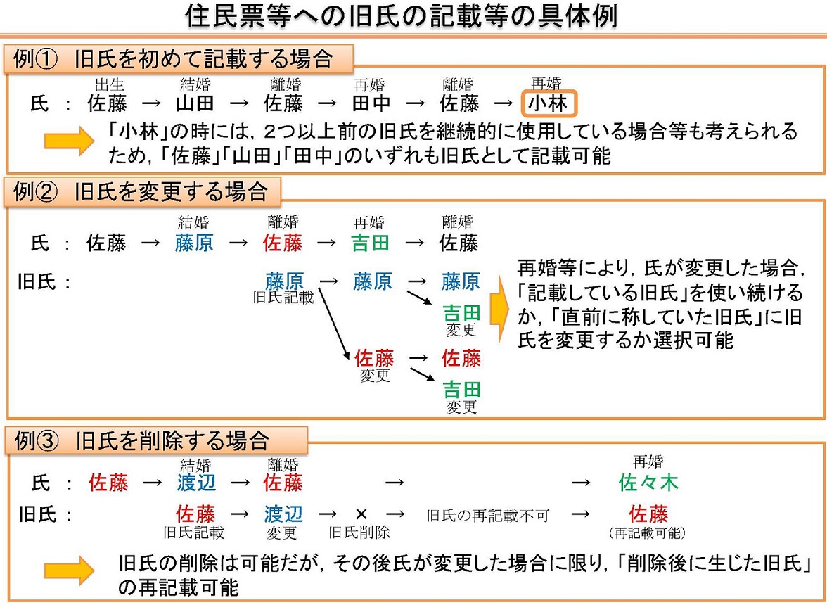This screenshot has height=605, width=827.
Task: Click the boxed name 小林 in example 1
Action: pyautogui.click(x=549, y=104)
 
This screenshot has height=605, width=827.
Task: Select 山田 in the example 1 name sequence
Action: pyautogui.click(x=195, y=104)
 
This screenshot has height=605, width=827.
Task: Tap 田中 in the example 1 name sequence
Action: pyautogui.click(x=371, y=104)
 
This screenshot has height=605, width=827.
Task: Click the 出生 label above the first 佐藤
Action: pyautogui.click(x=109, y=85)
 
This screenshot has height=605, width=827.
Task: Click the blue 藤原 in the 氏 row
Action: pyautogui.click(x=195, y=243)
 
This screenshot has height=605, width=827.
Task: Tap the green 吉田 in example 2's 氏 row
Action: pyautogui.click(x=371, y=243)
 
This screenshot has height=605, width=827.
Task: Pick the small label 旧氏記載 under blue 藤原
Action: pyautogui.click(x=283, y=298)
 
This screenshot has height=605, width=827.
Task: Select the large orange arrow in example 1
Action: pyautogui.click(x=69, y=141)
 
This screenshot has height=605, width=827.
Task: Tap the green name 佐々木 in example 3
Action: pyautogui.click(x=648, y=483)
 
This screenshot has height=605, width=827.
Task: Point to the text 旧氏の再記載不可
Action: pyautogui.click(x=487, y=515)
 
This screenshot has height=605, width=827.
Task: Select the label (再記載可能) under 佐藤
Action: pyautogui.click(x=648, y=533)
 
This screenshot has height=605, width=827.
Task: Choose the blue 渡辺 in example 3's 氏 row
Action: pyautogui.click(x=196, y=483)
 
